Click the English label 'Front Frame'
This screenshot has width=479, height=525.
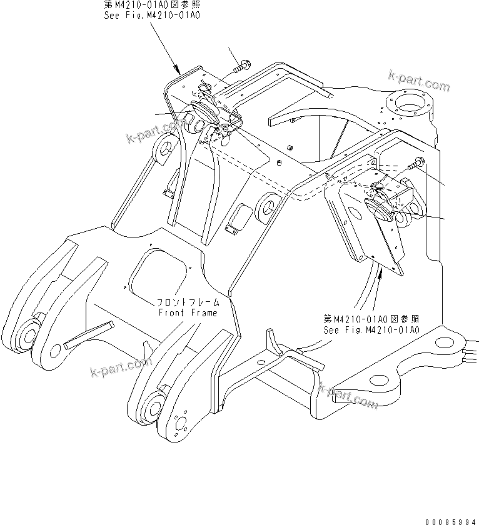pos(187,312)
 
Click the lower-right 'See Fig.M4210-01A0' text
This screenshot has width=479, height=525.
pos(371,330)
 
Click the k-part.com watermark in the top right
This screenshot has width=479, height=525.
pos(418,82)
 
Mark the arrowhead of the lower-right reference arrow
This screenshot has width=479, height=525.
pos(373,258)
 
